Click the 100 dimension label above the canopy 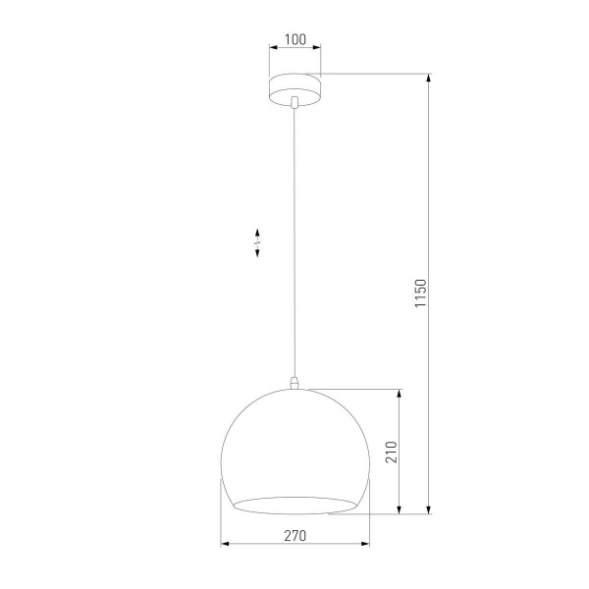tap(294, 40)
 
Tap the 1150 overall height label tap(419, 294)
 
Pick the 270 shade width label tap(294, 535)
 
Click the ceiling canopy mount tap(294, 86)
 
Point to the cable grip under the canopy tap(294, 101)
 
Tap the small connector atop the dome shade tap(294, 382)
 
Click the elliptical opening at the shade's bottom tap(294, 505)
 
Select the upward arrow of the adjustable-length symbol tap(257, 232)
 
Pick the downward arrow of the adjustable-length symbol tap(257, 253)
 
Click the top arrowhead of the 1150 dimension tap(429, 78)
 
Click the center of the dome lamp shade tap(294, 447)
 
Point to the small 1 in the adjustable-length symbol tap(257, 242)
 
